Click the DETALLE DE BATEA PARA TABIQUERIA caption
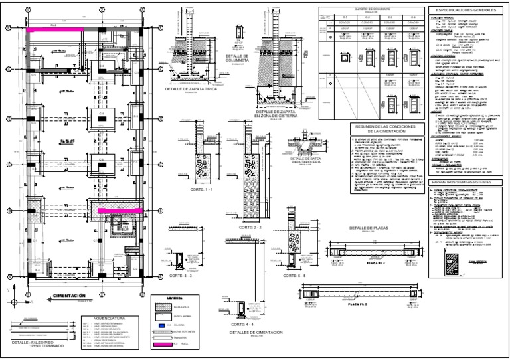pos(307,162)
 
